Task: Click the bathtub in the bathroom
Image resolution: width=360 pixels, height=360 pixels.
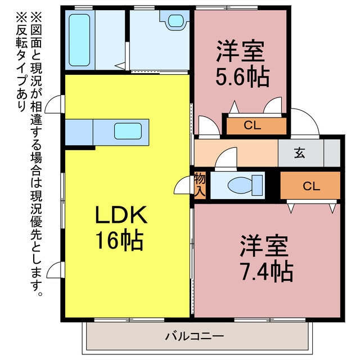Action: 79,40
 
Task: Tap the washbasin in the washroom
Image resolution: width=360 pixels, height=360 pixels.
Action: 176,21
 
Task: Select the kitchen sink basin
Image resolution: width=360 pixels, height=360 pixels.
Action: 128,131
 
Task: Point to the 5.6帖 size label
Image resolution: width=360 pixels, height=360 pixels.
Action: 242,76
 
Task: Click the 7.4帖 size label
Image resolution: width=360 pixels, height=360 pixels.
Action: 266,271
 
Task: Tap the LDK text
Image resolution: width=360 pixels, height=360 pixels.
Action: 121,215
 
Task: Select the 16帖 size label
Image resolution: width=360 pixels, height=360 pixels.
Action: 119,240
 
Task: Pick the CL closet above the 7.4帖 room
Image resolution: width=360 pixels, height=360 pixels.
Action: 310,186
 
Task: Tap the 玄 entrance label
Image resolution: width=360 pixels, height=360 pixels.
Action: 300,153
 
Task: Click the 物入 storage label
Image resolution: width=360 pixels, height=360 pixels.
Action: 200,185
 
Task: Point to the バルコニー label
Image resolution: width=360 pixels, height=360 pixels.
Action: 195,336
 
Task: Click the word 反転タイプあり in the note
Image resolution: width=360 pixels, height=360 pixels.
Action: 22,62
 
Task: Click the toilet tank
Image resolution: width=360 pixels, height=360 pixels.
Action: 258,185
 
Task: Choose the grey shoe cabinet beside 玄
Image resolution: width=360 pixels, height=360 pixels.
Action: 332,153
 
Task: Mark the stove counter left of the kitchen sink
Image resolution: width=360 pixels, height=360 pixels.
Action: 79,132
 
